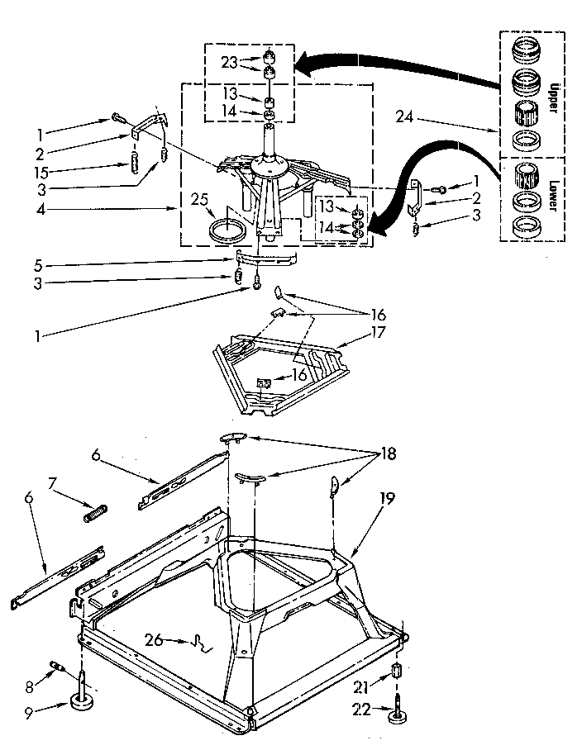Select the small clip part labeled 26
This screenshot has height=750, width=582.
coord(201,642)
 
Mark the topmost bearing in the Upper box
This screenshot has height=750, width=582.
coord(522,50)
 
